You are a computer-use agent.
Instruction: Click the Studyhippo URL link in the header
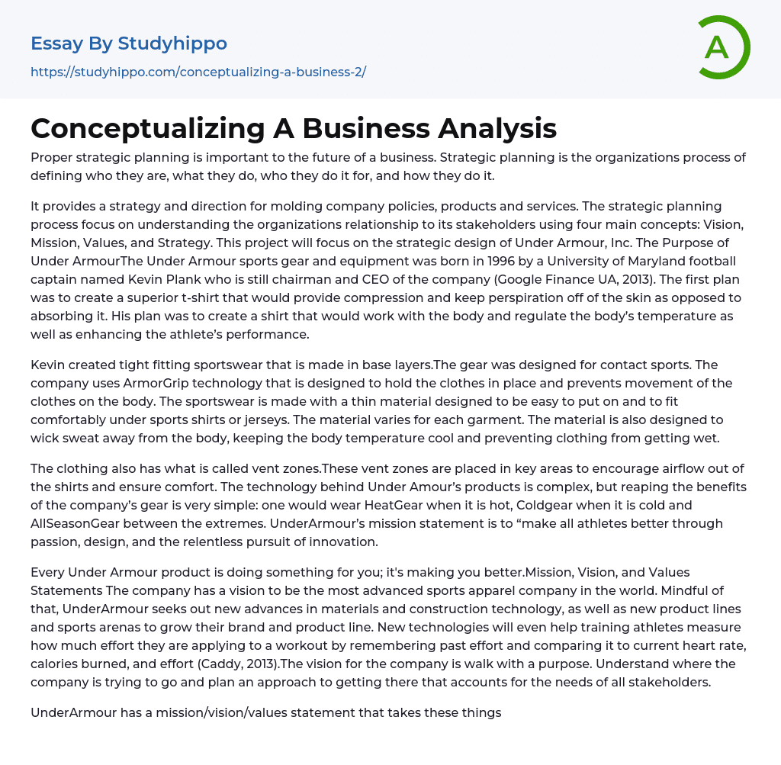tap(198, 72)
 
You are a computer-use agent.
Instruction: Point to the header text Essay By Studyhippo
tap(129, 43)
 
